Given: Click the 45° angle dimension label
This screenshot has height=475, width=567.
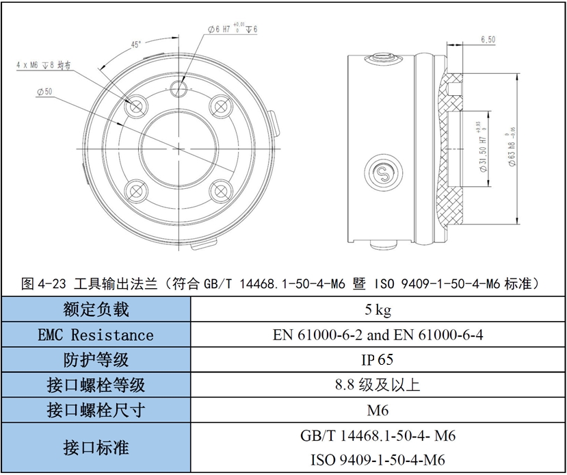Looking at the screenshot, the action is click(x=136, y=45).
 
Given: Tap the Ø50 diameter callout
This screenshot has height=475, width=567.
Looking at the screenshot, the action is click(x=44, y=92).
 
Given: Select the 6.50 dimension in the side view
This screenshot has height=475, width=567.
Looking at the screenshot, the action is click(x=488, y=40).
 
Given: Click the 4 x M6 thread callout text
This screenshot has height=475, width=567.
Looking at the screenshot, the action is click(x=43, y=66).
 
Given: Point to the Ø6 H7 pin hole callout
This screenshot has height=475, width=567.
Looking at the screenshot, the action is click(x=233, y=29).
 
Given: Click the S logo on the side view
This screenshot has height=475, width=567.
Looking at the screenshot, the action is click(x=383, y=174).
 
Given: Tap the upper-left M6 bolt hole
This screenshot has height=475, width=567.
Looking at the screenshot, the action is click(x=136, y=107).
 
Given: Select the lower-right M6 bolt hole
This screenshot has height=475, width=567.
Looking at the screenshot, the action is click(x=221, y=191).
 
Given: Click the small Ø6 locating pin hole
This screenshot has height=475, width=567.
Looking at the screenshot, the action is click(x=179, y=88).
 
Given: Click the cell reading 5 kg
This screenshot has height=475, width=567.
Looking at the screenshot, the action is click(x=378, y=309).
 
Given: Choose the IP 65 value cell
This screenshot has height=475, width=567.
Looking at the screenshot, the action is click(x=377, y=359).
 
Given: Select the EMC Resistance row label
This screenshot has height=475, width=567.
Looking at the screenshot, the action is click(x=96, y=335).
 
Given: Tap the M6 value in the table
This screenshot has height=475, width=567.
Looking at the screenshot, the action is click(x=378, y=410).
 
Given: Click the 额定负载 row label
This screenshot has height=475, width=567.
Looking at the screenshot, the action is click(x=96, y=309).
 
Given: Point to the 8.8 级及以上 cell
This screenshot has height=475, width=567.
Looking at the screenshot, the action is click(x=378, y=385).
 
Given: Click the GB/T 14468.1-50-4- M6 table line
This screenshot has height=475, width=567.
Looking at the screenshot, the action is click(x=378, y=435).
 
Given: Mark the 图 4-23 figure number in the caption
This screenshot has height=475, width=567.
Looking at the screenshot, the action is click(x=44, y=283).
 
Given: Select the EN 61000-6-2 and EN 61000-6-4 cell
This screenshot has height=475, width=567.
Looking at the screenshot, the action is click(x=378, y=335).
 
